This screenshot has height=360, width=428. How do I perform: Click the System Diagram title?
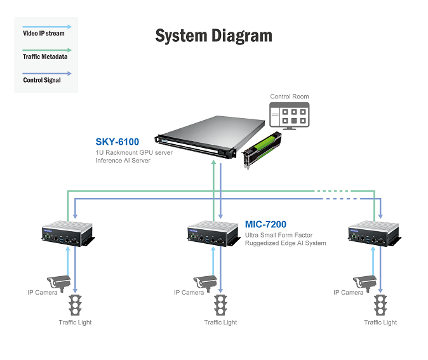click(214, 36)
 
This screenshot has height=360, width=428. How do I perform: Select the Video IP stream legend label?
click(44, 33)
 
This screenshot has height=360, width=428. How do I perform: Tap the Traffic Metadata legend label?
click(45, 57)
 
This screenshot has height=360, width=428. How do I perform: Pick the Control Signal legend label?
click(42, 80)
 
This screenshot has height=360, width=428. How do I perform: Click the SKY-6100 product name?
click(117, 142)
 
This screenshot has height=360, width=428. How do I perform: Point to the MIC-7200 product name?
click(265, 224)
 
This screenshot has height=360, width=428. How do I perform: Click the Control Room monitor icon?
click(290, 116)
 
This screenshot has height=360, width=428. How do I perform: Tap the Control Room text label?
click(290, 97)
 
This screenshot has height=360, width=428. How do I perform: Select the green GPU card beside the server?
click(262, 150)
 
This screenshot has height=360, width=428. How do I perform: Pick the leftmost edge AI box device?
click(68, 234)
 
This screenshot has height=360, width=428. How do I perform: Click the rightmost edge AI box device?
click(375, 234)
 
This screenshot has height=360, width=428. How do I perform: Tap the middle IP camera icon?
click(205, 283)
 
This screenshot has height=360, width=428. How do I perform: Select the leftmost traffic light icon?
click(75, 305)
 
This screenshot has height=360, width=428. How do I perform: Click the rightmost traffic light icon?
click(380, 305)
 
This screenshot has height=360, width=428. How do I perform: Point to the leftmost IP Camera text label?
click(43, 293)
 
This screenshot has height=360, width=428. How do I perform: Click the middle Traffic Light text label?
click(220, 323)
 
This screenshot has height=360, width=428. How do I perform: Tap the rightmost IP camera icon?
click(364, 283)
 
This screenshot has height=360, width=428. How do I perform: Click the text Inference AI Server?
click(123, 161)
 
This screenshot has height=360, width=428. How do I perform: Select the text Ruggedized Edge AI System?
click(286, 243)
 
